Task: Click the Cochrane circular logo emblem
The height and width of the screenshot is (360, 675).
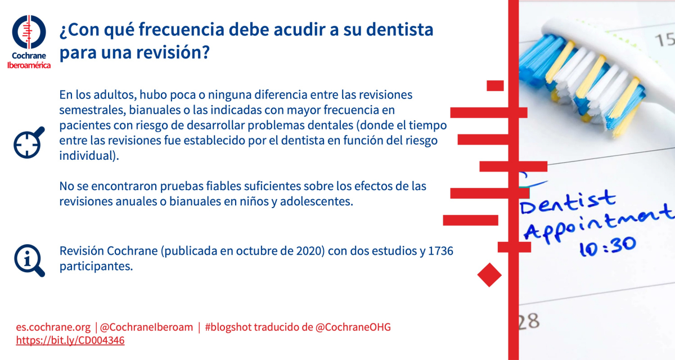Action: [x=29, y=32]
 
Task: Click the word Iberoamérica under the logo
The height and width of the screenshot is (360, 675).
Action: [x=29, y=65]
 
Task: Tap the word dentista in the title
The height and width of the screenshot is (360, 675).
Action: [x=399, y=29]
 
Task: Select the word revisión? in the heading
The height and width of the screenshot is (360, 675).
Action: [x=173, y=52]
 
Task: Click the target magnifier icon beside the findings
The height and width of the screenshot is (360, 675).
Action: [x=29, y=143]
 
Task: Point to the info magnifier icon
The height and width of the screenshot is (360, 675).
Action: [x=29, y=260]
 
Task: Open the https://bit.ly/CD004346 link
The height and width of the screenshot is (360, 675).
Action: [x=70, y=340]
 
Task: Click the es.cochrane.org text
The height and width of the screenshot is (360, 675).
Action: [x=53, y=327]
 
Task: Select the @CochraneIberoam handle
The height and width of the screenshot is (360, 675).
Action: [x=146, y=327]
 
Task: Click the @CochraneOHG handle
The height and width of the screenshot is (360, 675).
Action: [x=353, y=327]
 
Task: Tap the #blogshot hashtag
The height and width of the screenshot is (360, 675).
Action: [x=228, y=327]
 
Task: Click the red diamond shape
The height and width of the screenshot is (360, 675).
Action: [x=489, y=274]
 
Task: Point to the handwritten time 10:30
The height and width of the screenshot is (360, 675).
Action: [x=607, y=246]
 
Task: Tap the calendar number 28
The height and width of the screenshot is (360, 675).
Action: [x=529, y=321]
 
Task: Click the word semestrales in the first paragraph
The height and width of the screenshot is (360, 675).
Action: [x=92, y=110]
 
